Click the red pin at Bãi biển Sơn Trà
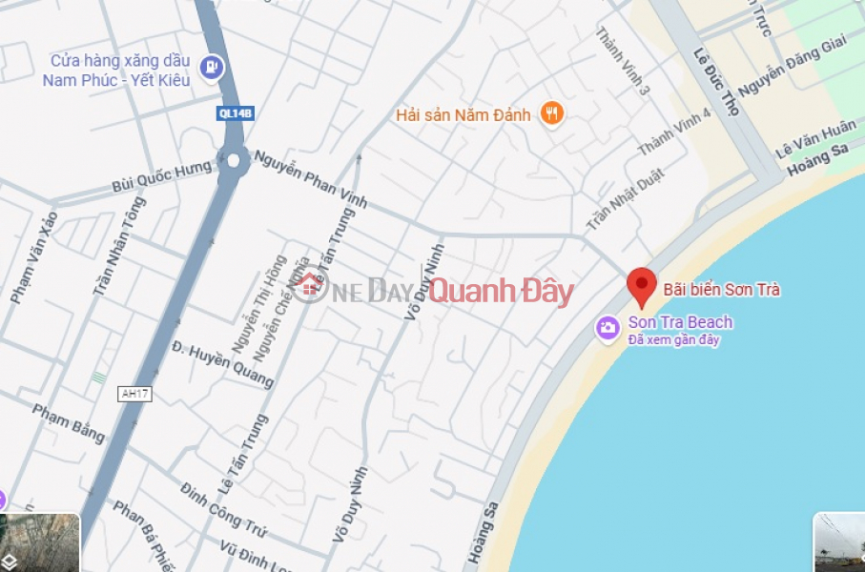pos(641,285)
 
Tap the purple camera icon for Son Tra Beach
pos(608,329)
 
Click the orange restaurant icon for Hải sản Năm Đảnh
pos(551,114)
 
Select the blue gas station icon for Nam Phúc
pos(211,68)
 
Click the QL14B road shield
pos(236,112)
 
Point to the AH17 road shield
pos(135,393)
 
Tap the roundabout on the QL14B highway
pos(233,160)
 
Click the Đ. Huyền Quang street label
pos(223,363)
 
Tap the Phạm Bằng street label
pos(68,422)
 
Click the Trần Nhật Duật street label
pos(625,197)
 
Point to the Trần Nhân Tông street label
pos(120,244)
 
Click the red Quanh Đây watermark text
pos(501,292)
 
